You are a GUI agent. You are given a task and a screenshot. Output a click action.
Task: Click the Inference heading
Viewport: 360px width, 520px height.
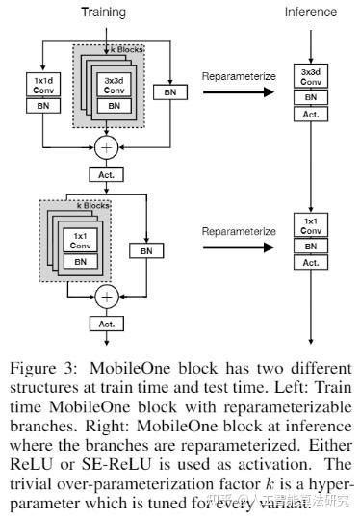(312, 13)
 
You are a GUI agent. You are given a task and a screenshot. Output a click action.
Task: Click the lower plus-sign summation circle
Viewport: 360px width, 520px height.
(104, 294)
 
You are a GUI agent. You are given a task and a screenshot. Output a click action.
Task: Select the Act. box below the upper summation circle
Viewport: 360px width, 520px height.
(104, 174)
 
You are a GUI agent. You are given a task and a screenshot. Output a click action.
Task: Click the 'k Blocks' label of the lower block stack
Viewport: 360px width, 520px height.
(92, 204)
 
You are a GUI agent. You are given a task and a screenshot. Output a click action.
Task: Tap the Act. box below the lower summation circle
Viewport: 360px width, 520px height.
(104, 324)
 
